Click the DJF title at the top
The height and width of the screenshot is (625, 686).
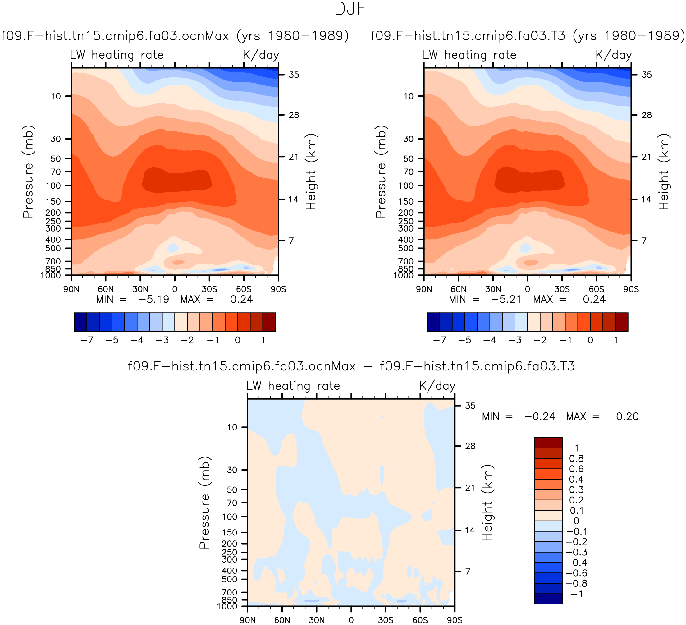(x=350, y=9)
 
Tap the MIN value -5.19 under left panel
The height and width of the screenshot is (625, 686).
(x=154, y=299)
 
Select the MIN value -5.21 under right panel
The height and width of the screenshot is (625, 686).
(x=506, y=299)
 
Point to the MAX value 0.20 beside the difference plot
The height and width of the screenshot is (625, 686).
(x=627, y=416)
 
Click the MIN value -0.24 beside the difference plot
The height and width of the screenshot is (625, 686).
(x=540, y=416)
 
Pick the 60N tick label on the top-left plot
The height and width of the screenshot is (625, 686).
(x=106, y=289)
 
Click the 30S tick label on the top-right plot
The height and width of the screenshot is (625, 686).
(x=562, y=289)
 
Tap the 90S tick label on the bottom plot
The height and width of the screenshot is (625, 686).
(x=455, y=620)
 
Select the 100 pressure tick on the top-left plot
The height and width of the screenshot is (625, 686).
(x=53, y=186)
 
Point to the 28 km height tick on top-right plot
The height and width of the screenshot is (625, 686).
(x=646, y=115)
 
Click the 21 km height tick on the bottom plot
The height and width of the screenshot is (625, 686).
(x=470, y=488)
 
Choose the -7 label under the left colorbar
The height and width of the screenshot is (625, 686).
(x=87, y=340)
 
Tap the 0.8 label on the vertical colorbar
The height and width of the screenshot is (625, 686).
(x=576, y=458)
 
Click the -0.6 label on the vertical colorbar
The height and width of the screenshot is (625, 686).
(x=576, y=573)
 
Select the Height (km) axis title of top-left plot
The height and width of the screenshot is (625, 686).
(x=311, y=172)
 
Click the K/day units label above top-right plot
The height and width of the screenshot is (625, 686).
(x=614, y=55)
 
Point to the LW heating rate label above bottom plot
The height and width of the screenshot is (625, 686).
(x=293, y=386)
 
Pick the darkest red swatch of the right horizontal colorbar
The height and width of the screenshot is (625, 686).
(x=622, y=322)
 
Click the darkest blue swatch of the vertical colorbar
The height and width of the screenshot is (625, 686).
(x=548, y=599)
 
